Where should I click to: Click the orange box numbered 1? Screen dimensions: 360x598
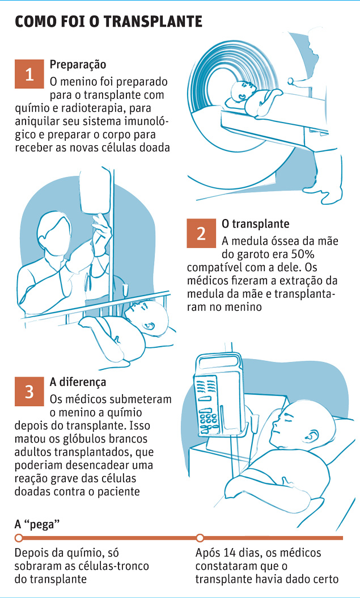coord(29,74)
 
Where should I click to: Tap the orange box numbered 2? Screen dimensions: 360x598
coord(201,233)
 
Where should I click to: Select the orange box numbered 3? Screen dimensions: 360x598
coord(29,391)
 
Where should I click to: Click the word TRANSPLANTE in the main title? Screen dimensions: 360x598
coord(153,22)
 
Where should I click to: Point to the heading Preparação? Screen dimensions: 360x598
coord(78,65)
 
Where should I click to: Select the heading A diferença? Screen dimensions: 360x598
coord(78,382)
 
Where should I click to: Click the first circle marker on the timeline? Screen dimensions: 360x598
coord(18,538)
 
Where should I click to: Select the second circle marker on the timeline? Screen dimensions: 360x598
coord(200,538)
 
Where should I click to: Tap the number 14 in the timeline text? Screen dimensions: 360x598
coord(231,553)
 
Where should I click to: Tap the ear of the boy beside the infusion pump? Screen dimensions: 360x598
coord(313,435)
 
